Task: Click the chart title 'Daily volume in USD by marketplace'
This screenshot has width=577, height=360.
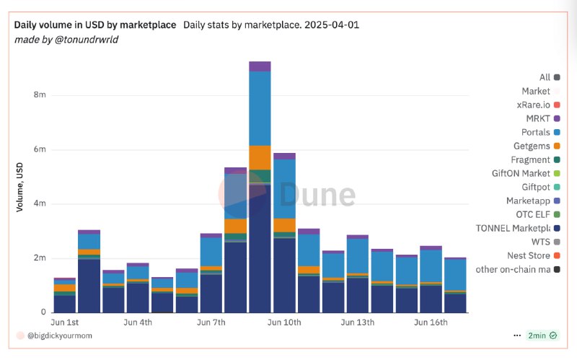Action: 95,25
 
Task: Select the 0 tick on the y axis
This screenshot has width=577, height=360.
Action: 44,312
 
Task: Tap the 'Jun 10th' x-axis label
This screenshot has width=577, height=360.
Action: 284,322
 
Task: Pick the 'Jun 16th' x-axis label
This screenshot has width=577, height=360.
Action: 431,322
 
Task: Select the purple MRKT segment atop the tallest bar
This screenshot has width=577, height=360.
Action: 260,66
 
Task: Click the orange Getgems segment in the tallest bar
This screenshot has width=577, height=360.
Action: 260,157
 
